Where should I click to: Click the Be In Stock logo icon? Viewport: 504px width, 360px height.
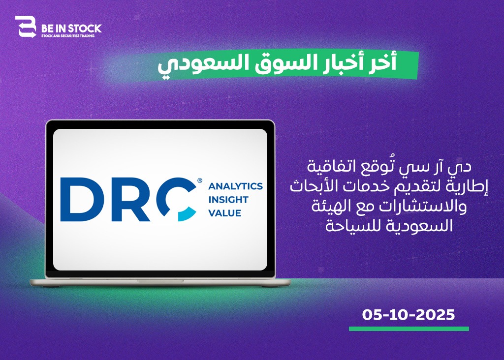26,27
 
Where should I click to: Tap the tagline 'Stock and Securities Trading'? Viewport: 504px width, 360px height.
67,35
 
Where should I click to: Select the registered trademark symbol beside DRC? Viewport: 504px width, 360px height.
200,180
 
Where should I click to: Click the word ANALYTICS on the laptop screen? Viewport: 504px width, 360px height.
236,186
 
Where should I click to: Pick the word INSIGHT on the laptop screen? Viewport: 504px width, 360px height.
228,200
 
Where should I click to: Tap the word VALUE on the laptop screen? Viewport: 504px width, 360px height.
224,213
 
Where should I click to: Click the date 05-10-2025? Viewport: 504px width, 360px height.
409,315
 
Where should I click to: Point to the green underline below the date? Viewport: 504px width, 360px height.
409,329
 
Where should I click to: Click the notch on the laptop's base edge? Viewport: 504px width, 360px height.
160,281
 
